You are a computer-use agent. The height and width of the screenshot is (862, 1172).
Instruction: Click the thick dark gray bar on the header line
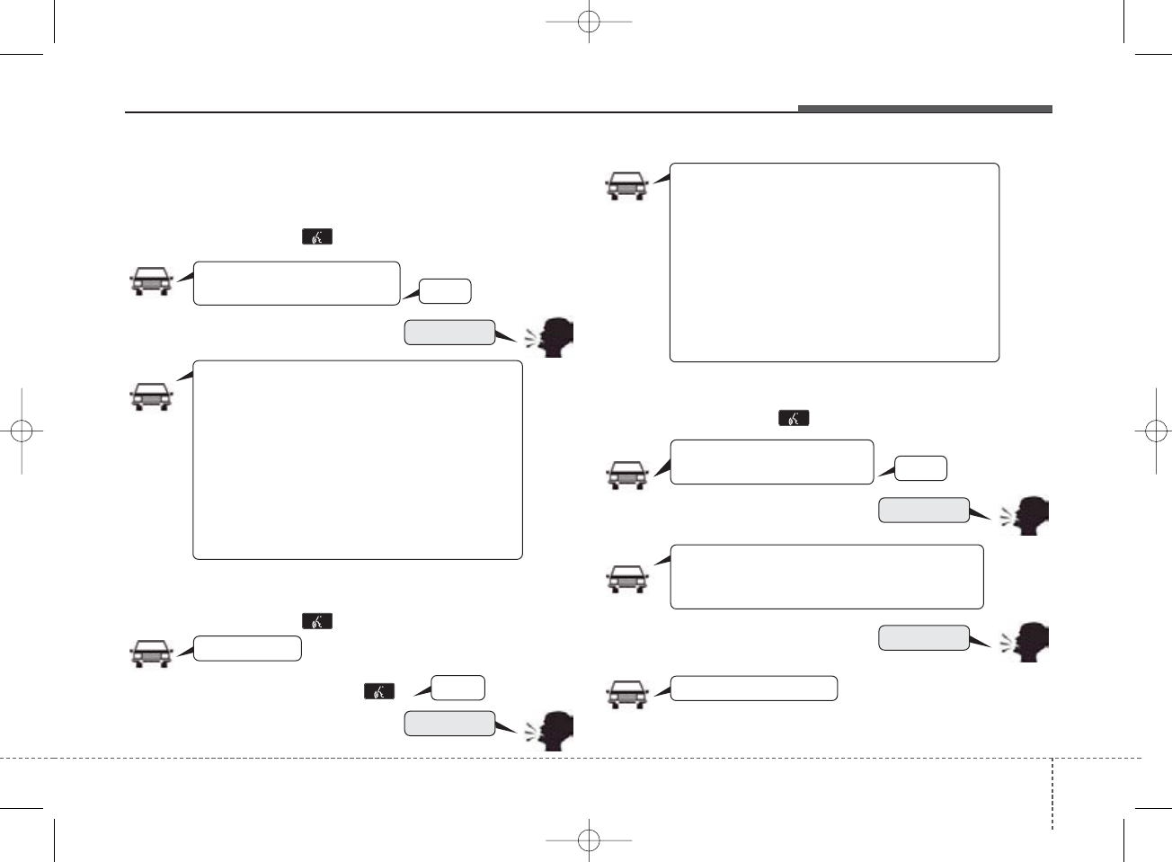(x=924, y=110)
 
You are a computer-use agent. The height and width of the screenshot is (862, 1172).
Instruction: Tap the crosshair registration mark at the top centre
(x=589, y=21)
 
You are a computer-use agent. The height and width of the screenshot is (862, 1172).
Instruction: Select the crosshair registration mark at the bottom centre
(x=589, y=840)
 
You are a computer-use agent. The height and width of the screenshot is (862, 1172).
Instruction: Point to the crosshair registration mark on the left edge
(x=22, y=431)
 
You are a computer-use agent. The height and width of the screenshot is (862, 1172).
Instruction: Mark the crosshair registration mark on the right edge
(x=1151, y=431)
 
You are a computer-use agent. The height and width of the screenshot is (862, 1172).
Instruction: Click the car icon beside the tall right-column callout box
(x=626, y=186)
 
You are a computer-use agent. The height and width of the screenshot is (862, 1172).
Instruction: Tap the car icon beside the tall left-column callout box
(x=151, y=396)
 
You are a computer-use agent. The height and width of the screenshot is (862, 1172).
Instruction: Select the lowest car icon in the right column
(x=626, y=695)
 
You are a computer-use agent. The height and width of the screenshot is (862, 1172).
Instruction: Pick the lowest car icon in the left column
(x=151, y=653)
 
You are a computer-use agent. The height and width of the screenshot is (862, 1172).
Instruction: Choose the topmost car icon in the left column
(x=151, y=281)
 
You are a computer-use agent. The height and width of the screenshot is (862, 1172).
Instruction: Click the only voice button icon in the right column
(x=794, y=418)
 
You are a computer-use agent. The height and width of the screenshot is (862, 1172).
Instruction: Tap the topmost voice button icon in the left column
(x=317, y=236)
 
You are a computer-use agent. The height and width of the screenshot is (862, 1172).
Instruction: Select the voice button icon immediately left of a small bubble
(x=379, y=691)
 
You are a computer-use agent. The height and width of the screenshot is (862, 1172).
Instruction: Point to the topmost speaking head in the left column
(x=553, y=338)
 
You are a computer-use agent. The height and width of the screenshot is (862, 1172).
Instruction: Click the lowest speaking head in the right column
(x=1029, y=643)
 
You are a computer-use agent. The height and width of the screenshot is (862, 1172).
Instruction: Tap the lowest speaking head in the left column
(x=553, y=730)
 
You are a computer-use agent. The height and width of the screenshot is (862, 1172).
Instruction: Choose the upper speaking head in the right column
(x=1029, y=516)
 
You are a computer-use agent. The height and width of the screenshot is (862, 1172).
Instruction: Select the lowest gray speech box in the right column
(x=923, y=637)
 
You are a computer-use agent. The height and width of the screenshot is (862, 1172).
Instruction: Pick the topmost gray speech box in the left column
(x=449, y=332)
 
